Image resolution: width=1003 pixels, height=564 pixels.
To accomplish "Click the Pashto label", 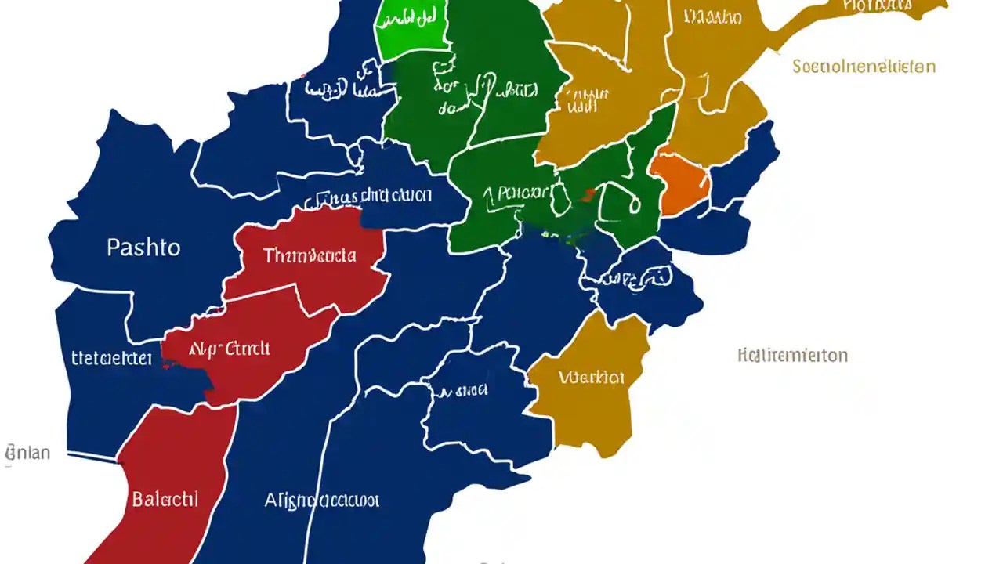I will pyautogui.click(x=143, y=248).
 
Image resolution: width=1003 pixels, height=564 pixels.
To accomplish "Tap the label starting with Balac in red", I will pyautogui.click(x=165, y=499).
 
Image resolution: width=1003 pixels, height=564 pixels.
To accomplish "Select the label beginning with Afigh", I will pyautogui.click(x=321, y=500).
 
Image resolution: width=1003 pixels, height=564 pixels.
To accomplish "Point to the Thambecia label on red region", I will pyautogui.click(x=310, y=255).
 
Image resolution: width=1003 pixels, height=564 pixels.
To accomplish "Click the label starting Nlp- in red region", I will pyautogui.click(x=228, y=349).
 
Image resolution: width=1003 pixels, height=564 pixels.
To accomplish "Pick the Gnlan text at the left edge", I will pyautogui.click(x=27, y=453).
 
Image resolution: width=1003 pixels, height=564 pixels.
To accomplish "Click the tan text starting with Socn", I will pyautogui.click(x=864, y=67).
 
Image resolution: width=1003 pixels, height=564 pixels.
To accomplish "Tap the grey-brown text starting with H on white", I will pyautogui.click(x=792, y=355).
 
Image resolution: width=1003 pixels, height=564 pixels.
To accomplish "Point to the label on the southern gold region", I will pyautogui.click(x=592, y=378).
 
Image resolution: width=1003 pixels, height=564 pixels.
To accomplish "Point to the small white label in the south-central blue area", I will pyautogui.click(x=462, y=389).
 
